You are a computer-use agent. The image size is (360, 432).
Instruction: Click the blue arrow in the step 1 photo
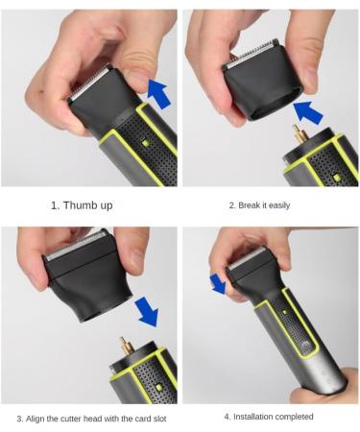[158, 93]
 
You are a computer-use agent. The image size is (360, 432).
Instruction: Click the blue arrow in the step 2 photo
[307, 112]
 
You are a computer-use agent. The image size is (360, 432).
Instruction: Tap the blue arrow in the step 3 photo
[147, 311]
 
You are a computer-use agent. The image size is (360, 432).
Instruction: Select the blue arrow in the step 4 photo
[219, 283]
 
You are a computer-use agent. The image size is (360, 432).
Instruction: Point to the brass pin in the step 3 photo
[123, 347]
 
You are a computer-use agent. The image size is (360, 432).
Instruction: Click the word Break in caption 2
[249, 205]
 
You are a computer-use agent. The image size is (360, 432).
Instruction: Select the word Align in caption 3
[36, 419]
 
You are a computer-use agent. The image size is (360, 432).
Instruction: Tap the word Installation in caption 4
[252, 417]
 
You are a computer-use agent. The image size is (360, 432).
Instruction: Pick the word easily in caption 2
[279, 205]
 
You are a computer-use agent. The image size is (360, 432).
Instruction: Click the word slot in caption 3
[159, 419]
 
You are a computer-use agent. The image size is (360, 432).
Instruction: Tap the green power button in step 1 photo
[146, 143]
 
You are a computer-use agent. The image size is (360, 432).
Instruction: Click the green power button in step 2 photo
[336, 178]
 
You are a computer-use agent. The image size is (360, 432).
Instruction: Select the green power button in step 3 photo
[158, 388]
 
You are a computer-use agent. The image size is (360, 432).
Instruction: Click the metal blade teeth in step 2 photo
[251, 53]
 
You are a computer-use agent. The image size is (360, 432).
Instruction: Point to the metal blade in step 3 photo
[75, 246]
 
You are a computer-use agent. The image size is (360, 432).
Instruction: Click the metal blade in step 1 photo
[91, 81]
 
